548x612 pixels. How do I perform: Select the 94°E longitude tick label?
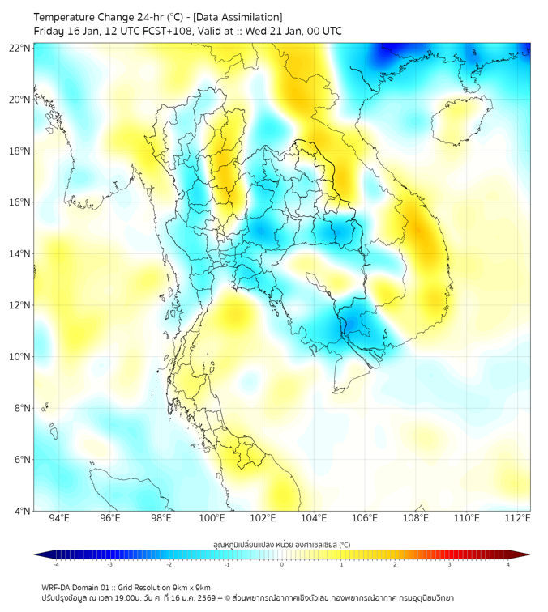[59, 518]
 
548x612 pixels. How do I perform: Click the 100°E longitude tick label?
[212, 518]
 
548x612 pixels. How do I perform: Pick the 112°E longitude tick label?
[517, 518]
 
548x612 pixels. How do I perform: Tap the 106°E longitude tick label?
[365, 518]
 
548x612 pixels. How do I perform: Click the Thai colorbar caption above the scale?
[281, 544]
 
